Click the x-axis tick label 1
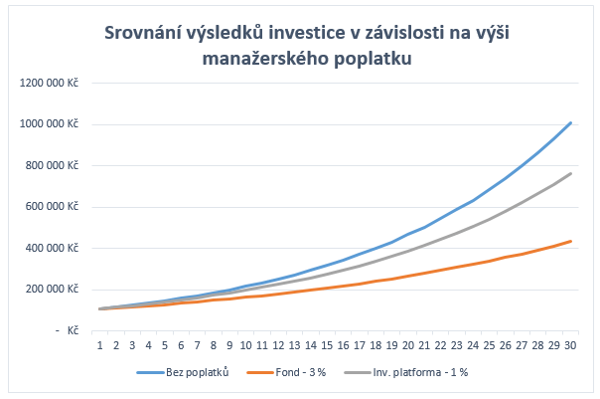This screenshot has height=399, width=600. (x=100, y=345)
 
